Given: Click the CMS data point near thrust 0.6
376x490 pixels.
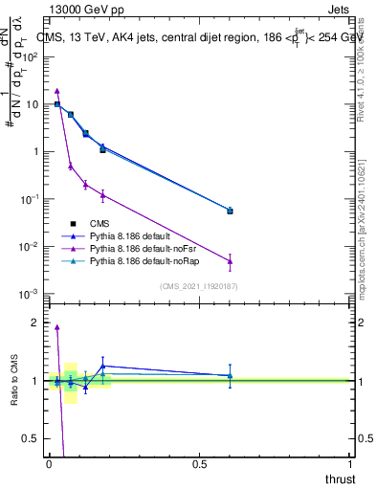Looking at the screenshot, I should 230,211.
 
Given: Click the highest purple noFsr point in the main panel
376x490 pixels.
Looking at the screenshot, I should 57,91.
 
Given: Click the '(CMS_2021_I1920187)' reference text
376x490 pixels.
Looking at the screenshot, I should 198,286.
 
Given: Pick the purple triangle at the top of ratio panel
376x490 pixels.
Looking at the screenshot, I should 57,327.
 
